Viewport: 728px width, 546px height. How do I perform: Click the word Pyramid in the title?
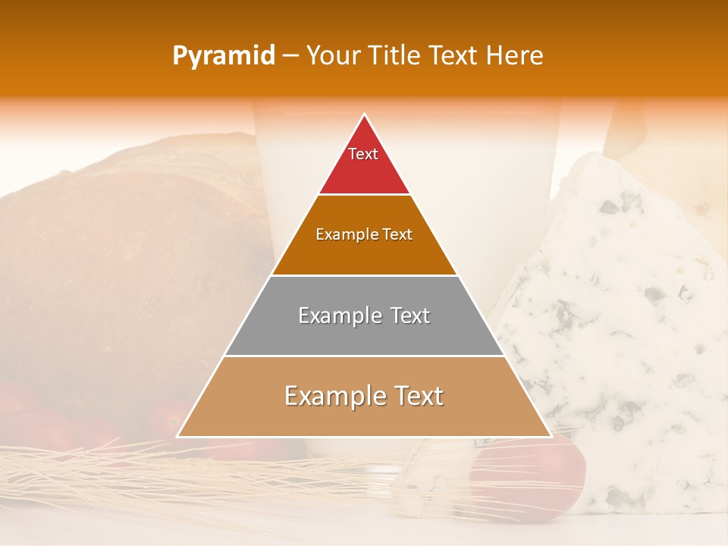click(x=223, y=56)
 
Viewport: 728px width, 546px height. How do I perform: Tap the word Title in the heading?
click(x=393, y=56)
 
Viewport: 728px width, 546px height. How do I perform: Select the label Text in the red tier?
click(x=363, y=154)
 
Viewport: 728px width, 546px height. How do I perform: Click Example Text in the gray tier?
click(x=364, y=315)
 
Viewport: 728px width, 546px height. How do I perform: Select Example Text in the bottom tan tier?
click(x=364, y=396)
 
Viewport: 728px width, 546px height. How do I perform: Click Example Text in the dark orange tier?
click(x=364, y=234)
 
